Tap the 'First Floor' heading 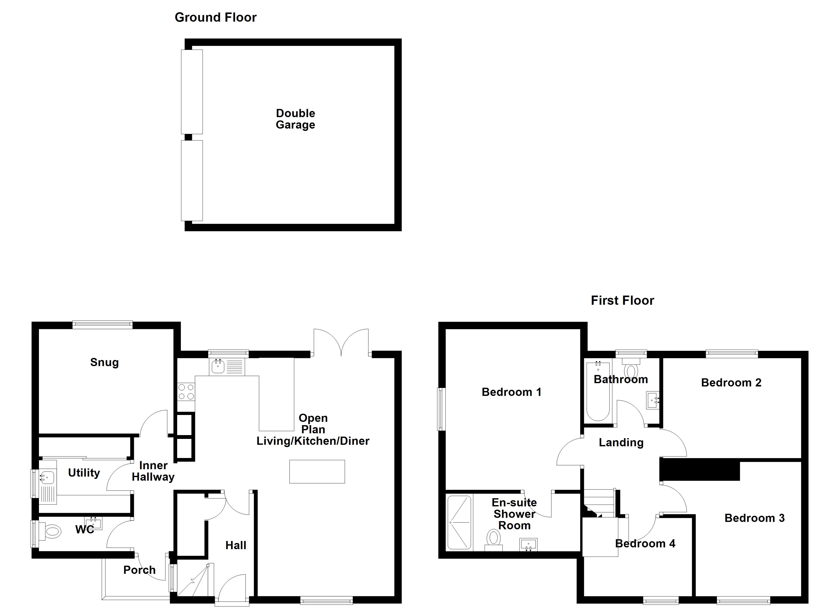622,300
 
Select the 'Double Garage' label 295,119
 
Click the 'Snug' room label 104,362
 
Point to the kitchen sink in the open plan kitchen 218,367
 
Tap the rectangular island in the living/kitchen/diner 317,472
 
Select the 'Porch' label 139,570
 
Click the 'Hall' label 235,545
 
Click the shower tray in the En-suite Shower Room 459,522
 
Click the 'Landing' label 621,442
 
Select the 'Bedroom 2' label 731,383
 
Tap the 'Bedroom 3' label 754,518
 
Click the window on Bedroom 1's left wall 441,409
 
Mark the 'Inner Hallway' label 153,471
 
